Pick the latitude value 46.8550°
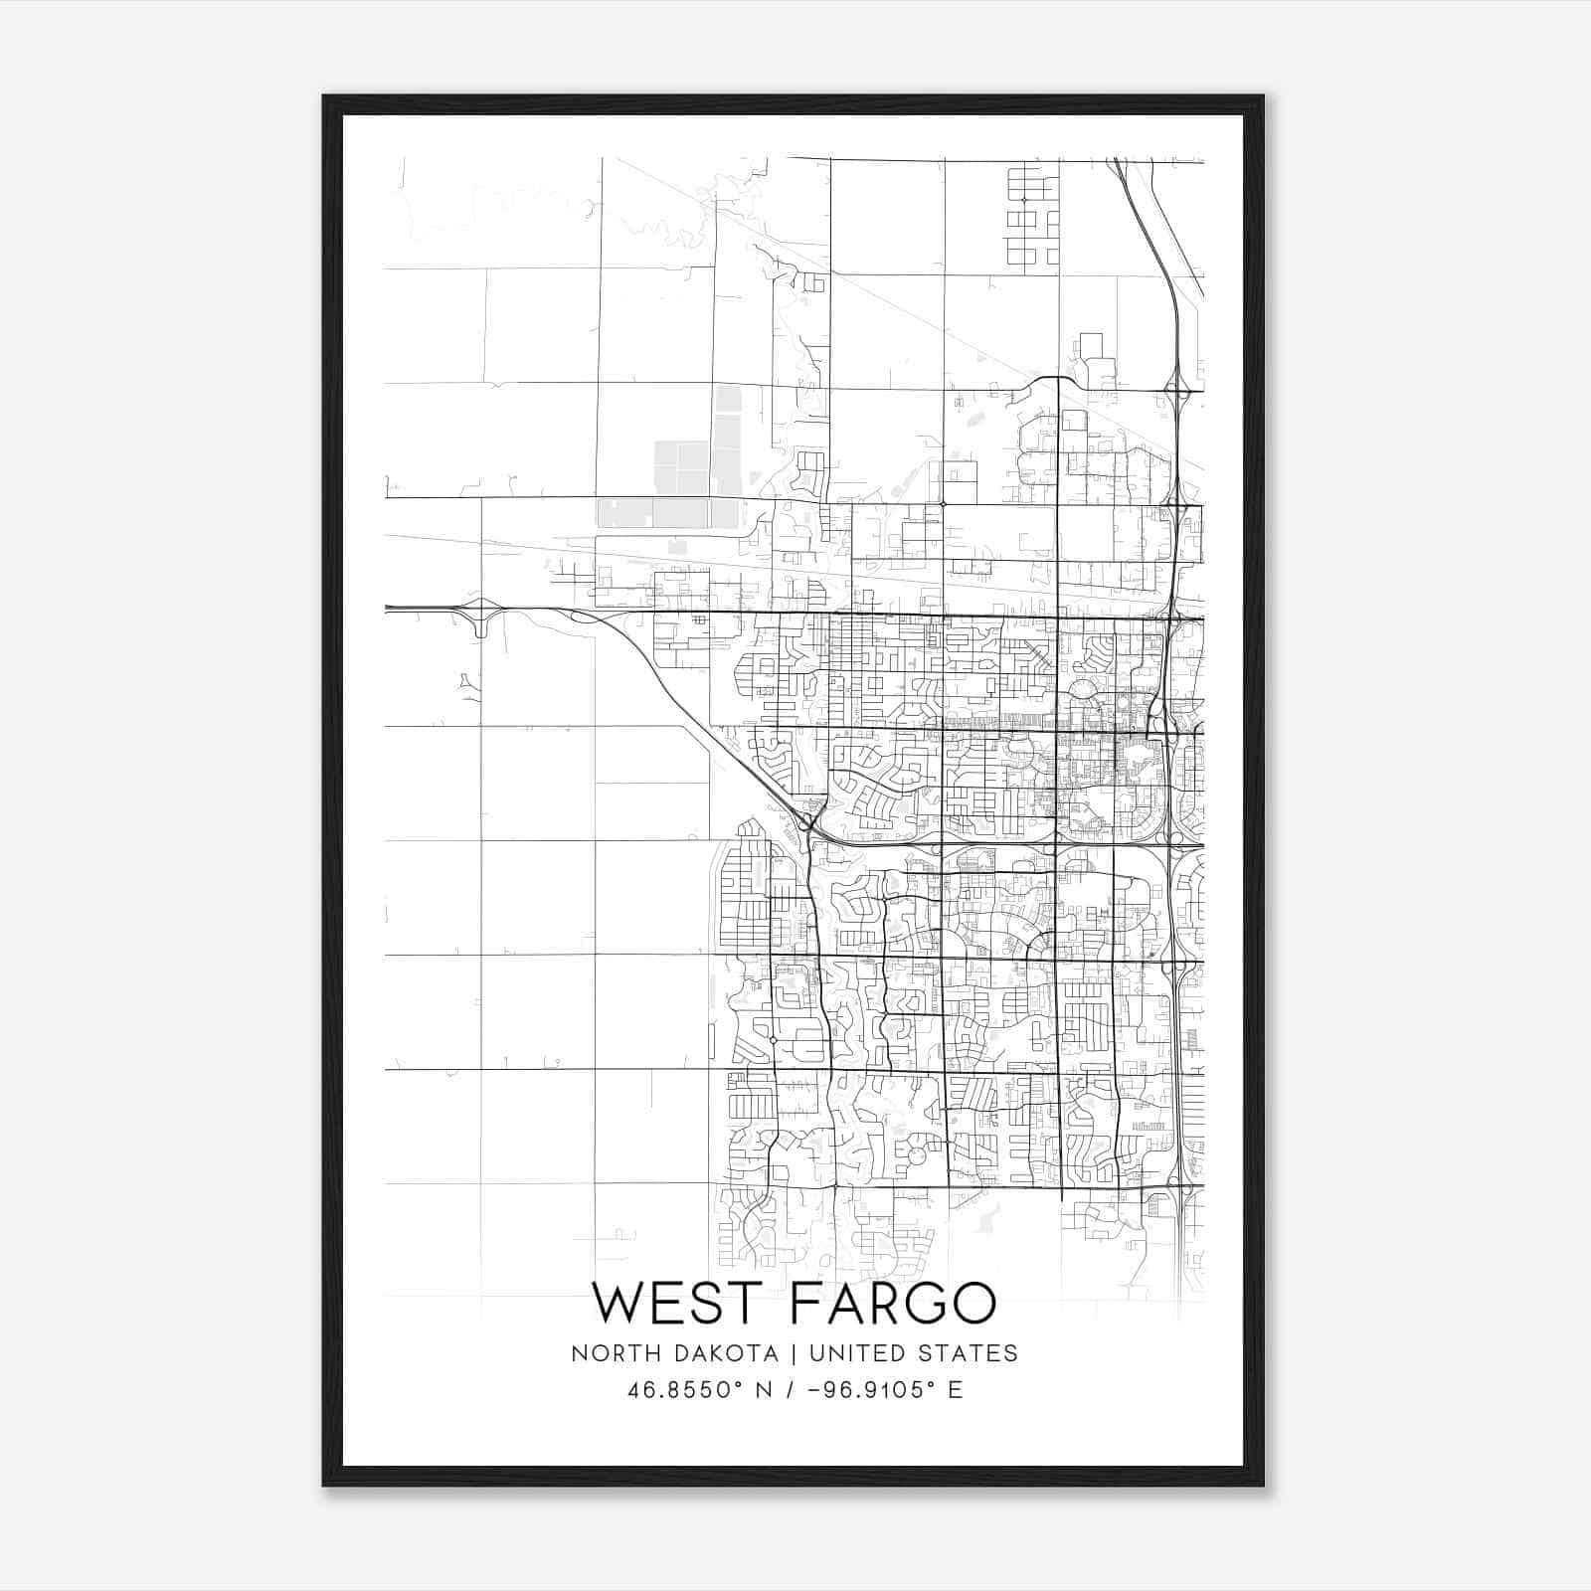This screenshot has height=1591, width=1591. pyautogui.click(x=683, y=1390)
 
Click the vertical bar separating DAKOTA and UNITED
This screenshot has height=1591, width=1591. pyautogui.click(x=794, y=1353)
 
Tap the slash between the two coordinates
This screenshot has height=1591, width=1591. pyautogui.click(x=791, y=1390)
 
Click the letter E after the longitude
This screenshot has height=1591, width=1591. pyautogui.click(x=956, y=1390)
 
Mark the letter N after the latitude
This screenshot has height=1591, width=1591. pyautogui.click(x=765, y=1390)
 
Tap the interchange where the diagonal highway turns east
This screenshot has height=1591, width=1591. pyautogui.click(x=807, y=821)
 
